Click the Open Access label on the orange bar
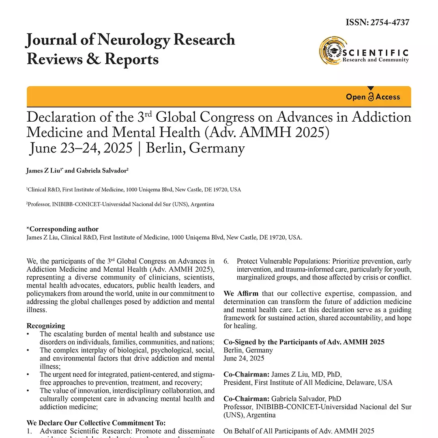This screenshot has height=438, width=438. pyautogui.click(x=373, y=97)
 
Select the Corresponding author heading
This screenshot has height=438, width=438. pyautogui.click(x=62, y=229)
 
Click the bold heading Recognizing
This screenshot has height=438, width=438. pyautogui.click(x=46, y=326)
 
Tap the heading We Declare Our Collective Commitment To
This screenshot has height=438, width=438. pyautogui.click(x=96, y=423)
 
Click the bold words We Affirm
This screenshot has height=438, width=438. pyautogui.click(x=241, y=293)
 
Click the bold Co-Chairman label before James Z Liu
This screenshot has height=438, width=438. pyautogui.click(x=246, y=374)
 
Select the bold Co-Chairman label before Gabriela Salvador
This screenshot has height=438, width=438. pyautogui.click(x=246, y=399)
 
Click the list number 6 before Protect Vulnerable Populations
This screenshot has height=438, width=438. pyautogui.click(x=226, y=261)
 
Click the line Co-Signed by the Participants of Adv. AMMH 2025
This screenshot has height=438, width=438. pyautogui.click(x=304, y=342)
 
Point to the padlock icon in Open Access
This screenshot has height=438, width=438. pyautogui.click(x=371, y=97)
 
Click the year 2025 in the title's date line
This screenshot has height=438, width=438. pyautogui.click(x=117, y=148)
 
